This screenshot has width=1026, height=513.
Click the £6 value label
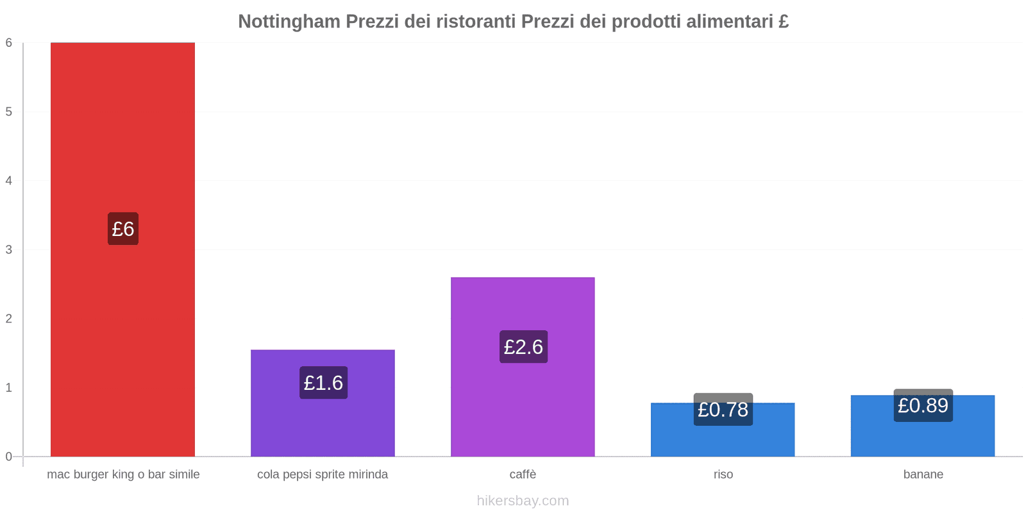click(123, 229)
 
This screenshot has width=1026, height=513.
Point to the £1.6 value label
click(323, 383)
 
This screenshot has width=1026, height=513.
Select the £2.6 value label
click(523, 347)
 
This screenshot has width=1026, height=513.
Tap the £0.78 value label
click(723, 410)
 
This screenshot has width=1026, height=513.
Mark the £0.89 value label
click(923, 406)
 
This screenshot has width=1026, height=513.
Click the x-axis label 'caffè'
click(523, 475)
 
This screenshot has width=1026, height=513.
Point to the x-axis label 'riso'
click(723, 475)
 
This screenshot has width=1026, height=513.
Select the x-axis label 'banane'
click(923, 475)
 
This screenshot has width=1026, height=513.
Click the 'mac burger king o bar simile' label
click(123, 475)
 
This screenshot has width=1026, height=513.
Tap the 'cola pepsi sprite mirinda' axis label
click(323, 475)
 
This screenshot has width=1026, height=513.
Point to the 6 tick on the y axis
click(9, 43)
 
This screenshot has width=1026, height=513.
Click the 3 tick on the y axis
click(9, 249)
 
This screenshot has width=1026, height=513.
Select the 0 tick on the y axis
click(9, 457)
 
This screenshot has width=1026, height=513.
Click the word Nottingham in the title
click(289, 22)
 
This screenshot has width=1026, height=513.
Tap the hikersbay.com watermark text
click(523, 501)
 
